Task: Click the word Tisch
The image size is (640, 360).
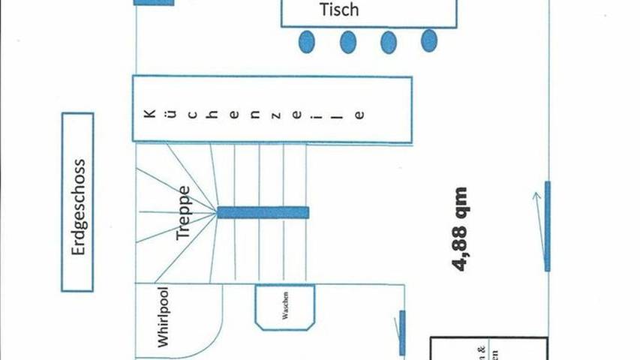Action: [339, 10]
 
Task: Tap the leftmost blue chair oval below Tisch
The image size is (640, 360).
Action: [306, 41]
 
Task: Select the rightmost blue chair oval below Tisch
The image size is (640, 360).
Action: [428, 40]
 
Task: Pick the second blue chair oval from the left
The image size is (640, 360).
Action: [347, 42]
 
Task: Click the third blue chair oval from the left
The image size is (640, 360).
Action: [389, 42]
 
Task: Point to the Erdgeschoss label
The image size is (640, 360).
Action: [78, 202]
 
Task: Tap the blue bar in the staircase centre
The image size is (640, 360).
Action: [263, 212]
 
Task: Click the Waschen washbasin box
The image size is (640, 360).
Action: [284, 307]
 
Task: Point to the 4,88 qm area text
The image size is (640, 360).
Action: [460, 229]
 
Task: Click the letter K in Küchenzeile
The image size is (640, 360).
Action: [150, 115]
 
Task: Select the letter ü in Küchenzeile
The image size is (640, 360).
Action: [172, 115]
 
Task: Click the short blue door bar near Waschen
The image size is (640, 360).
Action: [402, 332]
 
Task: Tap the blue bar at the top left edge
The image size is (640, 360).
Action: [154, 2]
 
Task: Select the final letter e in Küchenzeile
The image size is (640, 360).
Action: [360, 115]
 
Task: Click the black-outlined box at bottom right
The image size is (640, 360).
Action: [488, 349]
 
